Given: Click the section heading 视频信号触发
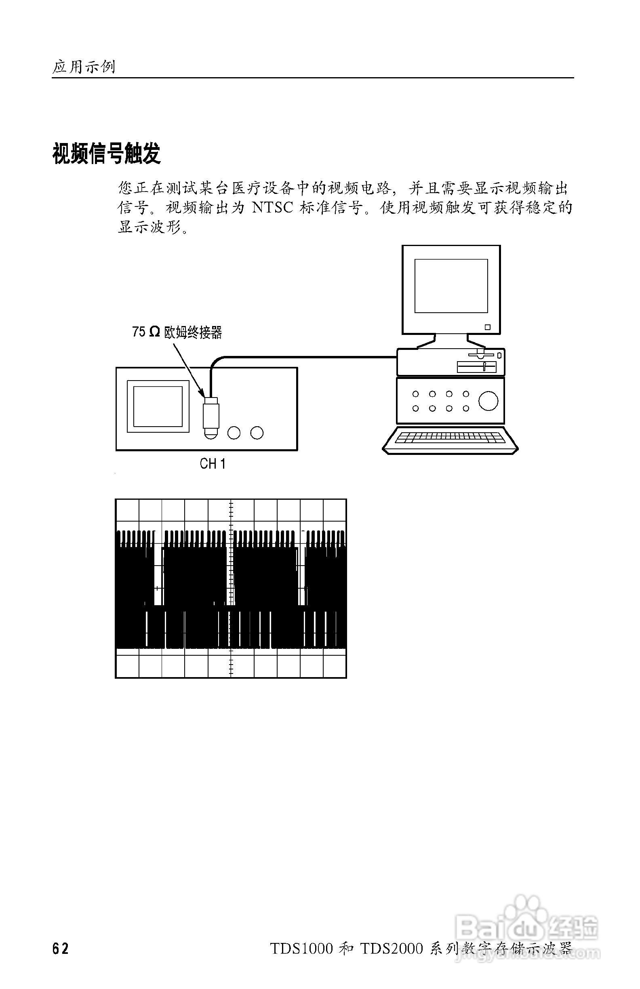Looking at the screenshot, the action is [106, 154].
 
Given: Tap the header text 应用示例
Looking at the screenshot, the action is [84, 67].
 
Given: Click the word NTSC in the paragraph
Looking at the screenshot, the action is [272, 207].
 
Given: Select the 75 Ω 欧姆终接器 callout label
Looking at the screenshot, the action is [177, 332].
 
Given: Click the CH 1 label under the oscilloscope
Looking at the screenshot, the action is [213, 464].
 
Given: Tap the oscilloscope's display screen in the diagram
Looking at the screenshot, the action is [158, 406].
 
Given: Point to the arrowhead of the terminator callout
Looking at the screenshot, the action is [202, 393].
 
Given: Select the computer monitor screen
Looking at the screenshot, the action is [451, 286].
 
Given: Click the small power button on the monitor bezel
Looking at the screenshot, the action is [488, 327].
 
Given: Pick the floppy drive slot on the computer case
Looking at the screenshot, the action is [477, 367].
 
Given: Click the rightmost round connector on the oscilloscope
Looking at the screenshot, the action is [257, 433].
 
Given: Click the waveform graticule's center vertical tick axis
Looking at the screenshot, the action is [231, 588].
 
